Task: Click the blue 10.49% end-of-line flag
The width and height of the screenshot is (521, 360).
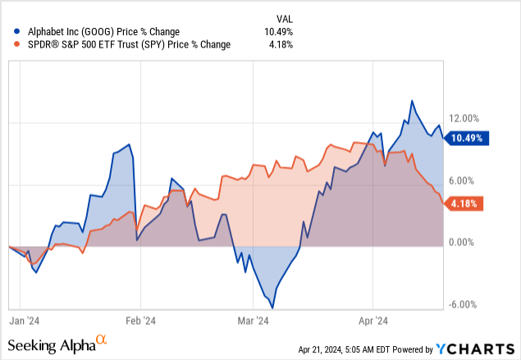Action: point(468,139)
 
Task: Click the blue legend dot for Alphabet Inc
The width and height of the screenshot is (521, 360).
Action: point(8,30)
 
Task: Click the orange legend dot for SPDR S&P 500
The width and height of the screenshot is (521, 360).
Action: point(8,44)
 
